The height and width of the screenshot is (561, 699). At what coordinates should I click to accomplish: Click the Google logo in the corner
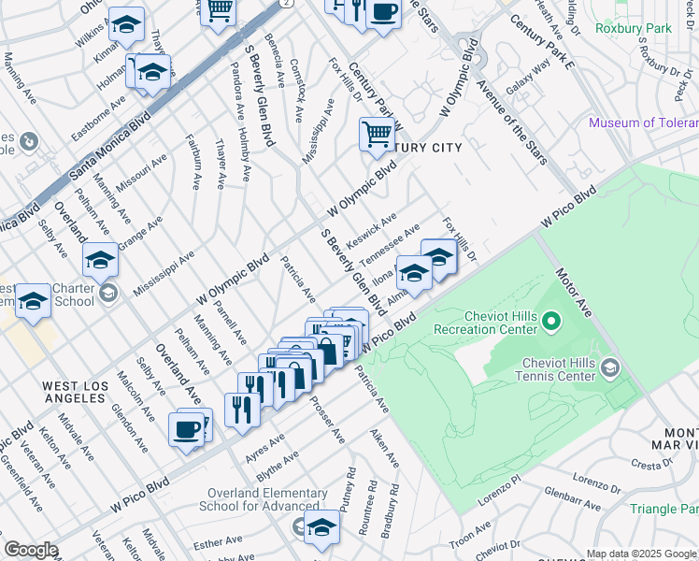[31, 550]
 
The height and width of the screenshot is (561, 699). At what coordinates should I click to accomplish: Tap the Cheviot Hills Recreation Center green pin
[551, 324]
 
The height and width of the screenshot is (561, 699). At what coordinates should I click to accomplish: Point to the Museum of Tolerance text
[643, 122]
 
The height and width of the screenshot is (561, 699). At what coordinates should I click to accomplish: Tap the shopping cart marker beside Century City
[377, 135]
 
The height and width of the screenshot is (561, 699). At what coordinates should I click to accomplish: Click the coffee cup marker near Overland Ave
[186, 430]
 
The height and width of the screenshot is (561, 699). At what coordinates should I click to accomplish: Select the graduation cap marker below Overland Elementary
[322, 527]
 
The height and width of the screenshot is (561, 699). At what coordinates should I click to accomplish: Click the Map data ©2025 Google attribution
[641, 554]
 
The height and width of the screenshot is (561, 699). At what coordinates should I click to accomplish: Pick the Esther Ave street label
[218, 541]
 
